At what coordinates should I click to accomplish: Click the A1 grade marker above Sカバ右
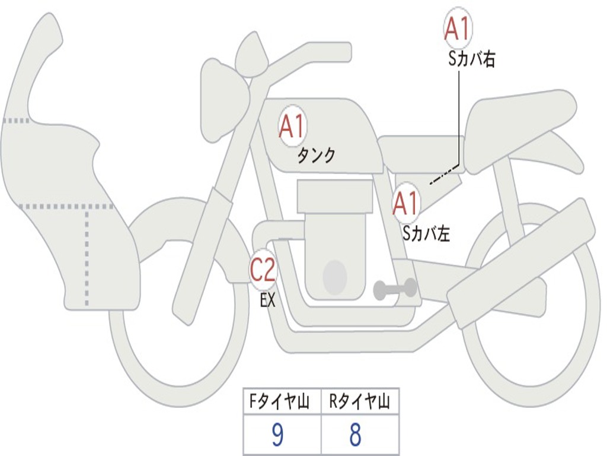tap(458, 28)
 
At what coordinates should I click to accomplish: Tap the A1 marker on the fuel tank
tap(292, 126)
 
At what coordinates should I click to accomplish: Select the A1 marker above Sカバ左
tap(406, 204)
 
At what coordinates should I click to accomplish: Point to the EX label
tap(268, 300)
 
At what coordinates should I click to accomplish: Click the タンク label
tap(316, 156)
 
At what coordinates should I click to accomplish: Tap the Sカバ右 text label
tap(472, 59)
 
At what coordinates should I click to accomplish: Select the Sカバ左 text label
tap(426, 234)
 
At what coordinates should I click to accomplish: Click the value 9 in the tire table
tap(277, 435)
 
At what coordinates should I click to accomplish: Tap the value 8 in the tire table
tap(355, 435)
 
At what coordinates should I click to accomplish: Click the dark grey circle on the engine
tap(334, 277)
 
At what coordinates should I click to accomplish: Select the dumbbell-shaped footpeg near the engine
tap(395, 289)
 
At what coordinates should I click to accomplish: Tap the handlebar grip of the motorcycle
tap(331, 52)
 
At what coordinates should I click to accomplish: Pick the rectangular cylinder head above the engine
tap(335, 197)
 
